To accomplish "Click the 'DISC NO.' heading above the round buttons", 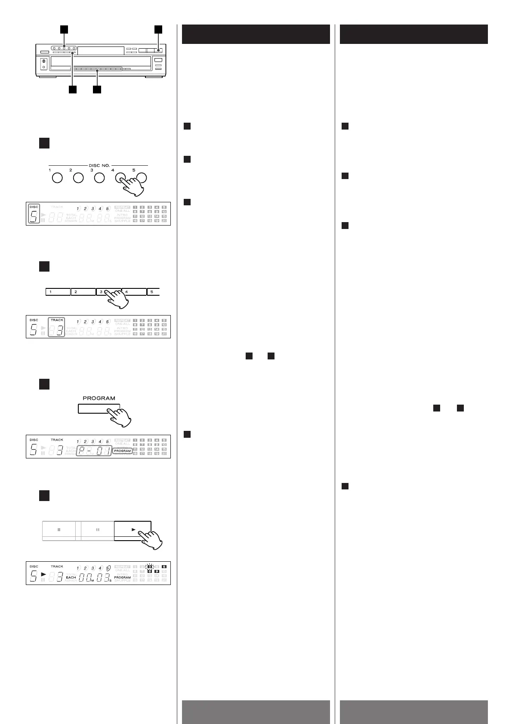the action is (x=99, y=166).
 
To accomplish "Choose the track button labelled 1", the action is (x=58, y=292).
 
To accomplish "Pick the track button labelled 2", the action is (x=83, y=292).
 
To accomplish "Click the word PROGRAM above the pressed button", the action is (x=99, y=398).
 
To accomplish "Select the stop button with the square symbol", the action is (x=59, y=530).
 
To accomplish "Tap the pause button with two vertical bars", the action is (x=98, y=530).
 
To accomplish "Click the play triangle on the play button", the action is (x=133, y=530).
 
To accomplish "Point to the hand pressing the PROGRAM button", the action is (x=121, y=417).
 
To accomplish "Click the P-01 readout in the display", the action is (x=94, y=451).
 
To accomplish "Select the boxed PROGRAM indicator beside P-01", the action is (x=123, y=451).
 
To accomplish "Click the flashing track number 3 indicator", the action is (x=150, y=566).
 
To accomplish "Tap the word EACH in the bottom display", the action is (x=71, y=577).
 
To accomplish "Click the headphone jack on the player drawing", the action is (x=43, y=67).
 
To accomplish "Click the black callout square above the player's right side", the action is (x=159, y=29).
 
